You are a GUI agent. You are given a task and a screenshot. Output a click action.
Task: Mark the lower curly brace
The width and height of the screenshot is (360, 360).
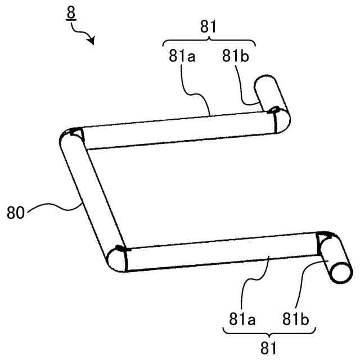tap(268, 334)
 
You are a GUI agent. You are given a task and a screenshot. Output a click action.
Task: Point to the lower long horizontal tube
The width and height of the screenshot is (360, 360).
tap(219, 252)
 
